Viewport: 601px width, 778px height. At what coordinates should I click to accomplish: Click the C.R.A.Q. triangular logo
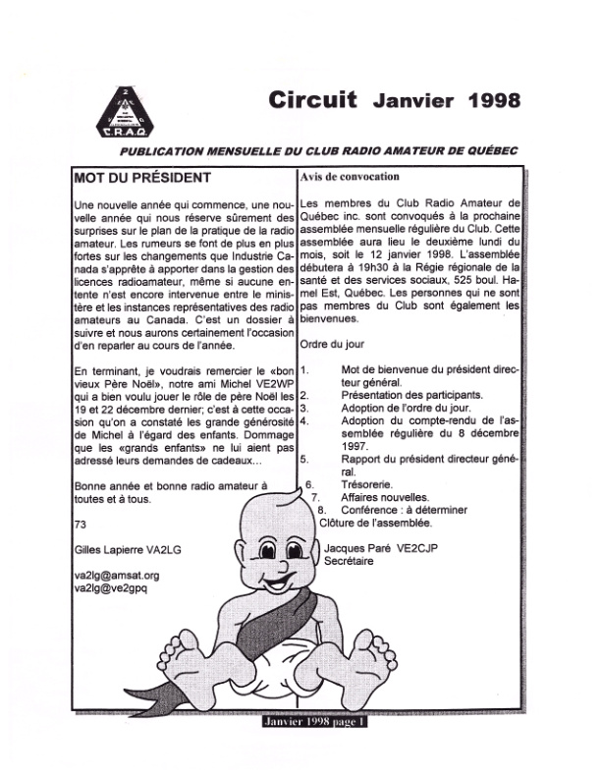point(124,109)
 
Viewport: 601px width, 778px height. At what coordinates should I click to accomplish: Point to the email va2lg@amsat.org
point(116,575)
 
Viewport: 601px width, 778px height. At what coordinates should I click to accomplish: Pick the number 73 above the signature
point(80,524)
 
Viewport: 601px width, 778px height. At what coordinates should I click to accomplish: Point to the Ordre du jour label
point(329,345)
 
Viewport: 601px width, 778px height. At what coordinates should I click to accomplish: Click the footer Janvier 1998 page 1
point(312,721)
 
